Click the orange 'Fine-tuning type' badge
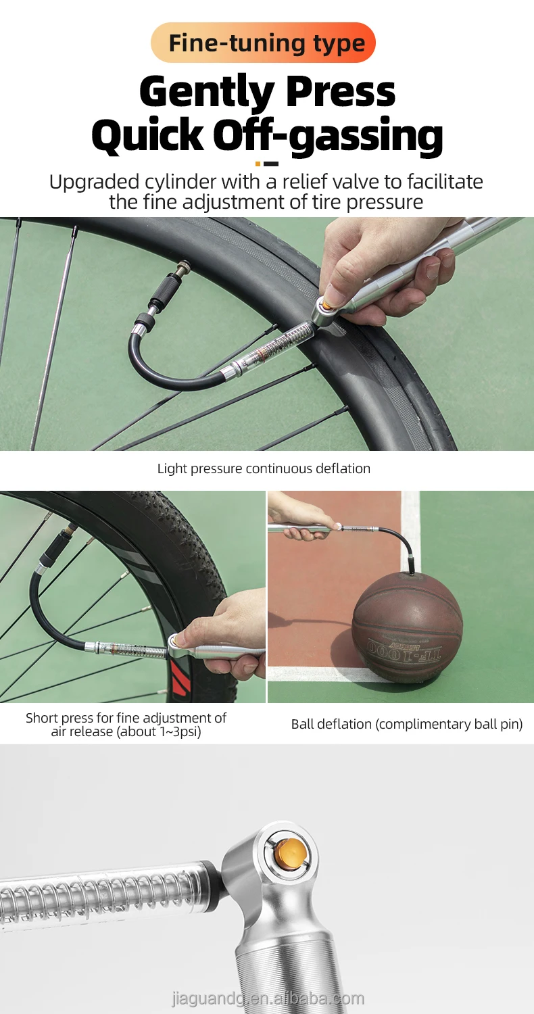tap(263, 43)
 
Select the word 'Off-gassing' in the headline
tap(329, 135)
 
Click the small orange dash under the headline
tap(258, 164)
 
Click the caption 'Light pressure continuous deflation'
tap(264, 468)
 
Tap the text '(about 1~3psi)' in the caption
tap(126, 731)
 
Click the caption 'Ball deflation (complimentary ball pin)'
tap(406, 724)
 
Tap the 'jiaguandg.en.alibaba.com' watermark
tap(268, 998)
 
